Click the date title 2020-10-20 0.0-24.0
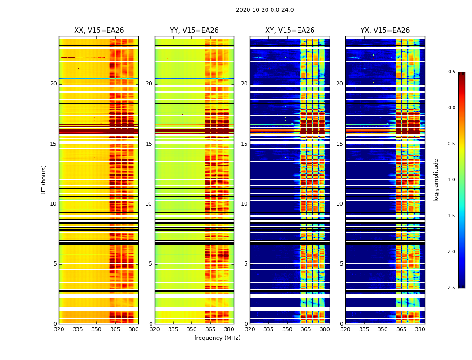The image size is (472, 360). (x=265, y=10)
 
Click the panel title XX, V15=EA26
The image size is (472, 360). (x=99, y=31)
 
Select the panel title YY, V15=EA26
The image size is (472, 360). (x=194, y=31)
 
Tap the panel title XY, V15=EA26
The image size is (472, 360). (x=289, y=31)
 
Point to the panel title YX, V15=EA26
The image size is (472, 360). (x=385, y=31)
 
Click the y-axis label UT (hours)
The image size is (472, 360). (x=44, y=180)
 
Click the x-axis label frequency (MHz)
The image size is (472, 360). (x=217, y=338)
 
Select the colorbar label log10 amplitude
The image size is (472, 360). (x=436, y=180)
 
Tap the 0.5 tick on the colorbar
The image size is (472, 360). (x=451, y=72)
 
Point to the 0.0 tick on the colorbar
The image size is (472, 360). (x=451, y=108)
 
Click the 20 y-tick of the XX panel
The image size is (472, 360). (x=53, y=84)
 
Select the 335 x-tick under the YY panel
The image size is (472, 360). (x=174, y=329)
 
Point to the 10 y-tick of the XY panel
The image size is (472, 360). (x=244, y=204)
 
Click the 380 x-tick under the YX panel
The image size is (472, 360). (x=420, y=329)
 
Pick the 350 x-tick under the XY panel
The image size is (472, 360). (x=287, y=329)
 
